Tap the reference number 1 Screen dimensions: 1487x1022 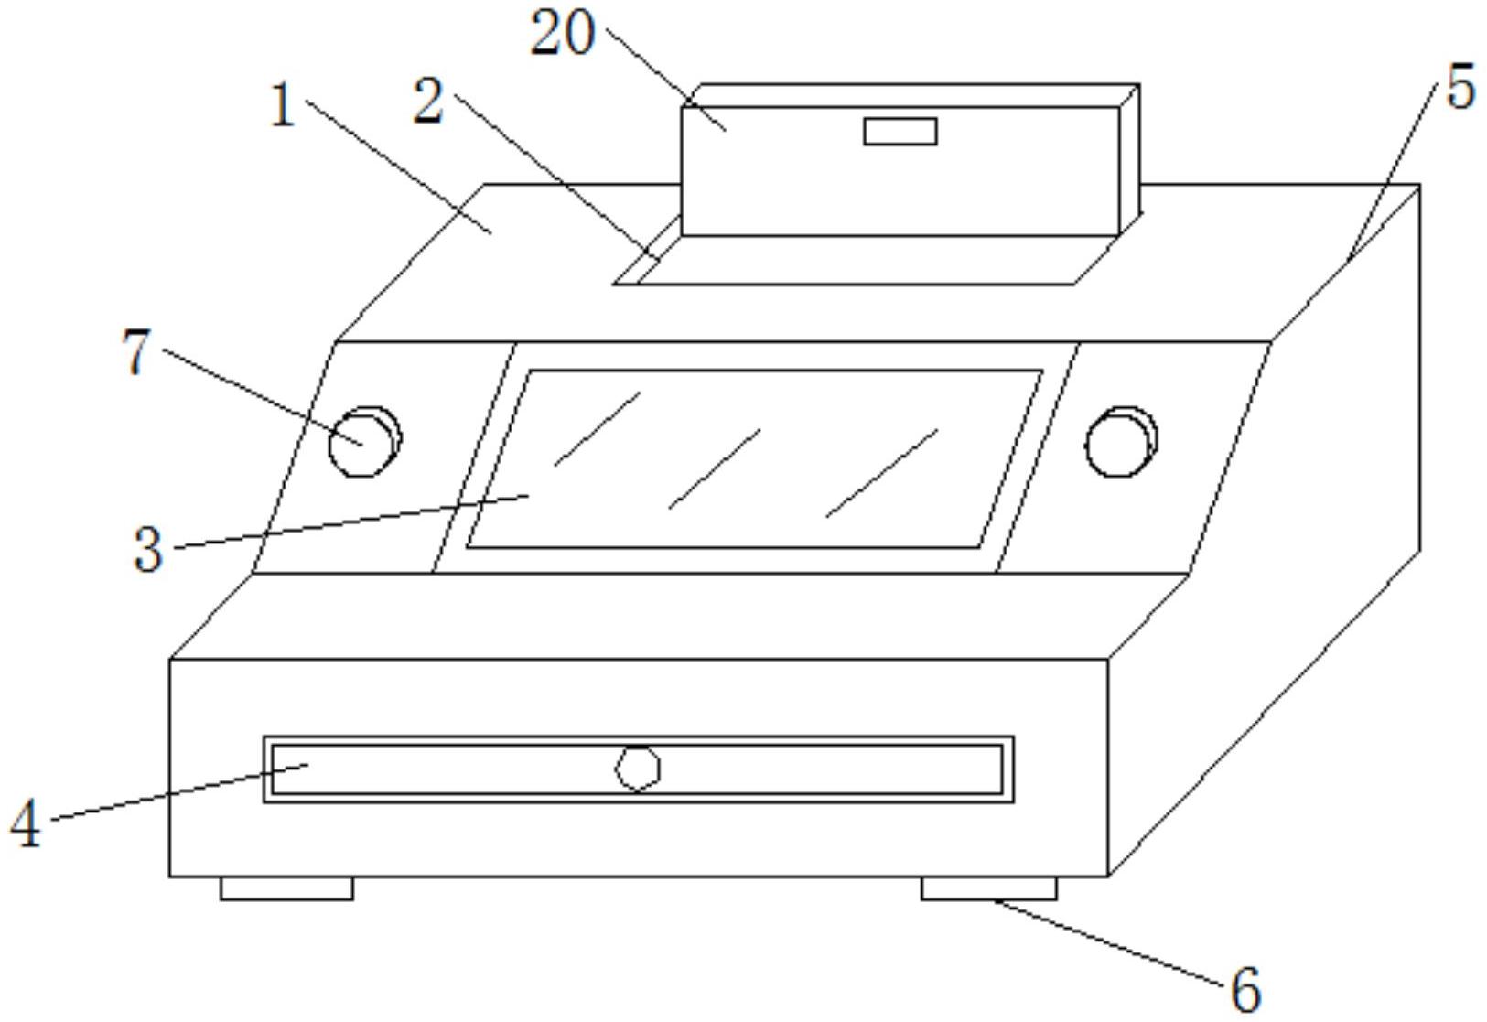point(284,105)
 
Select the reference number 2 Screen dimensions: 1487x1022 point(428,101)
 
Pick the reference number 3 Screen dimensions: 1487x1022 point(147,550)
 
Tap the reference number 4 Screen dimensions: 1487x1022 point(26,823)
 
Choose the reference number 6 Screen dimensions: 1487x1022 point(1245,989)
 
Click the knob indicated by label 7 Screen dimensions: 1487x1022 point(364,441)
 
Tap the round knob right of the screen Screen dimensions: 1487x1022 point(1121,441)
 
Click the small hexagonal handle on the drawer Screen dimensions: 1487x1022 point(637,769)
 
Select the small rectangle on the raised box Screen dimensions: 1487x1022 point(900,132)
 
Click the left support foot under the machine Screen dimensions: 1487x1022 point(286,888)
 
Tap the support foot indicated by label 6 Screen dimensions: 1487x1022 point(989,888)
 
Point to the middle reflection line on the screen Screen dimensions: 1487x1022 point(715,469)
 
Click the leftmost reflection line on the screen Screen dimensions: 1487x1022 point(598,429)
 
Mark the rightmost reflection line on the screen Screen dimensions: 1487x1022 point(881,473)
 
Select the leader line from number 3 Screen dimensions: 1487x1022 point(351,521)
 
